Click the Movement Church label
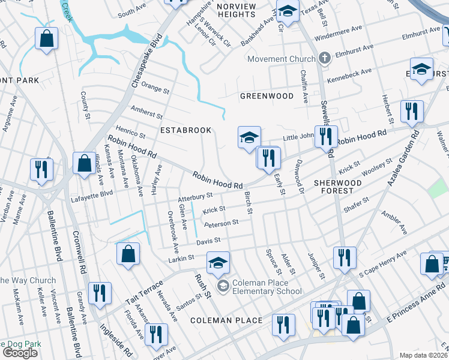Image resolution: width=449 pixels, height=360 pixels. click(x=281, y=59)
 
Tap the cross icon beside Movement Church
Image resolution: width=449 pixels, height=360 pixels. click(x=325, y=58)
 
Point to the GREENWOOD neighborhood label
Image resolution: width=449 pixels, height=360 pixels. click(x=267, y=96)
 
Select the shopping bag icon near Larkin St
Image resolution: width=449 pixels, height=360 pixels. click(x=128, y=253)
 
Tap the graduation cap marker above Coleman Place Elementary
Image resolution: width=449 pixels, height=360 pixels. click(x=218, y=262)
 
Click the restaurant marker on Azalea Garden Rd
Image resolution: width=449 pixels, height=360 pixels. click(x=412, y=112)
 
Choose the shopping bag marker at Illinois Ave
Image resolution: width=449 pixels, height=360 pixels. click(x=83, y=163)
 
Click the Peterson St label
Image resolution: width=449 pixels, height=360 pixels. click(x=221, y=223)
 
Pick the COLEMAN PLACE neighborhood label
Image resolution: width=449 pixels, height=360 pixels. click(x=226, y=320)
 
